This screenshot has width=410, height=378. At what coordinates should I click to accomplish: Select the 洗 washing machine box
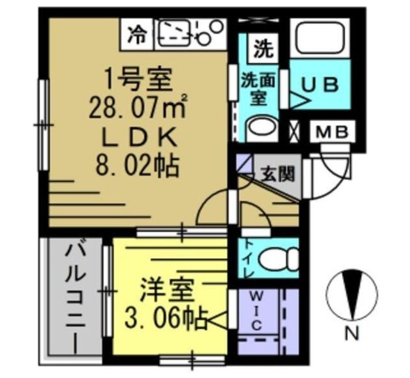click(262, 47)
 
